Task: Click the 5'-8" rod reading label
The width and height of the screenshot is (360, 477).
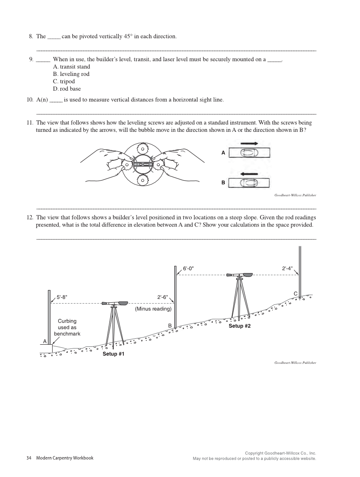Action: (x=62, y=298)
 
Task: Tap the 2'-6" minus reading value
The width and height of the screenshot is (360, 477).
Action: (x=162, y=298)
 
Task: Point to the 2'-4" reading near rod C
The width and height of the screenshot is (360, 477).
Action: (x=287, y=268)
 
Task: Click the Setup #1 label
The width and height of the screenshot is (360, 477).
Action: (x=113, y=354)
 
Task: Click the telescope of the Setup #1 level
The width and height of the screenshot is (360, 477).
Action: (x=115, y=303)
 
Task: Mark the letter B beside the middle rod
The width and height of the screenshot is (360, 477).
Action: (x=170, y=325)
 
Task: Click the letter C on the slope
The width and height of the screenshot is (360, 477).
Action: (x=295, y=293)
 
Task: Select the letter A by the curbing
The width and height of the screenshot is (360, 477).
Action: (x=44, y=341)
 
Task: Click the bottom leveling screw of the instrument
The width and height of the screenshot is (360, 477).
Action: (x=142, y=180)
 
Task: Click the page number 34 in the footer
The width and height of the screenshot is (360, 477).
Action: (x=29, y=458)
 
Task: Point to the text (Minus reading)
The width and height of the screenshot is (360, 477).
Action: (x=153, y=309)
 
